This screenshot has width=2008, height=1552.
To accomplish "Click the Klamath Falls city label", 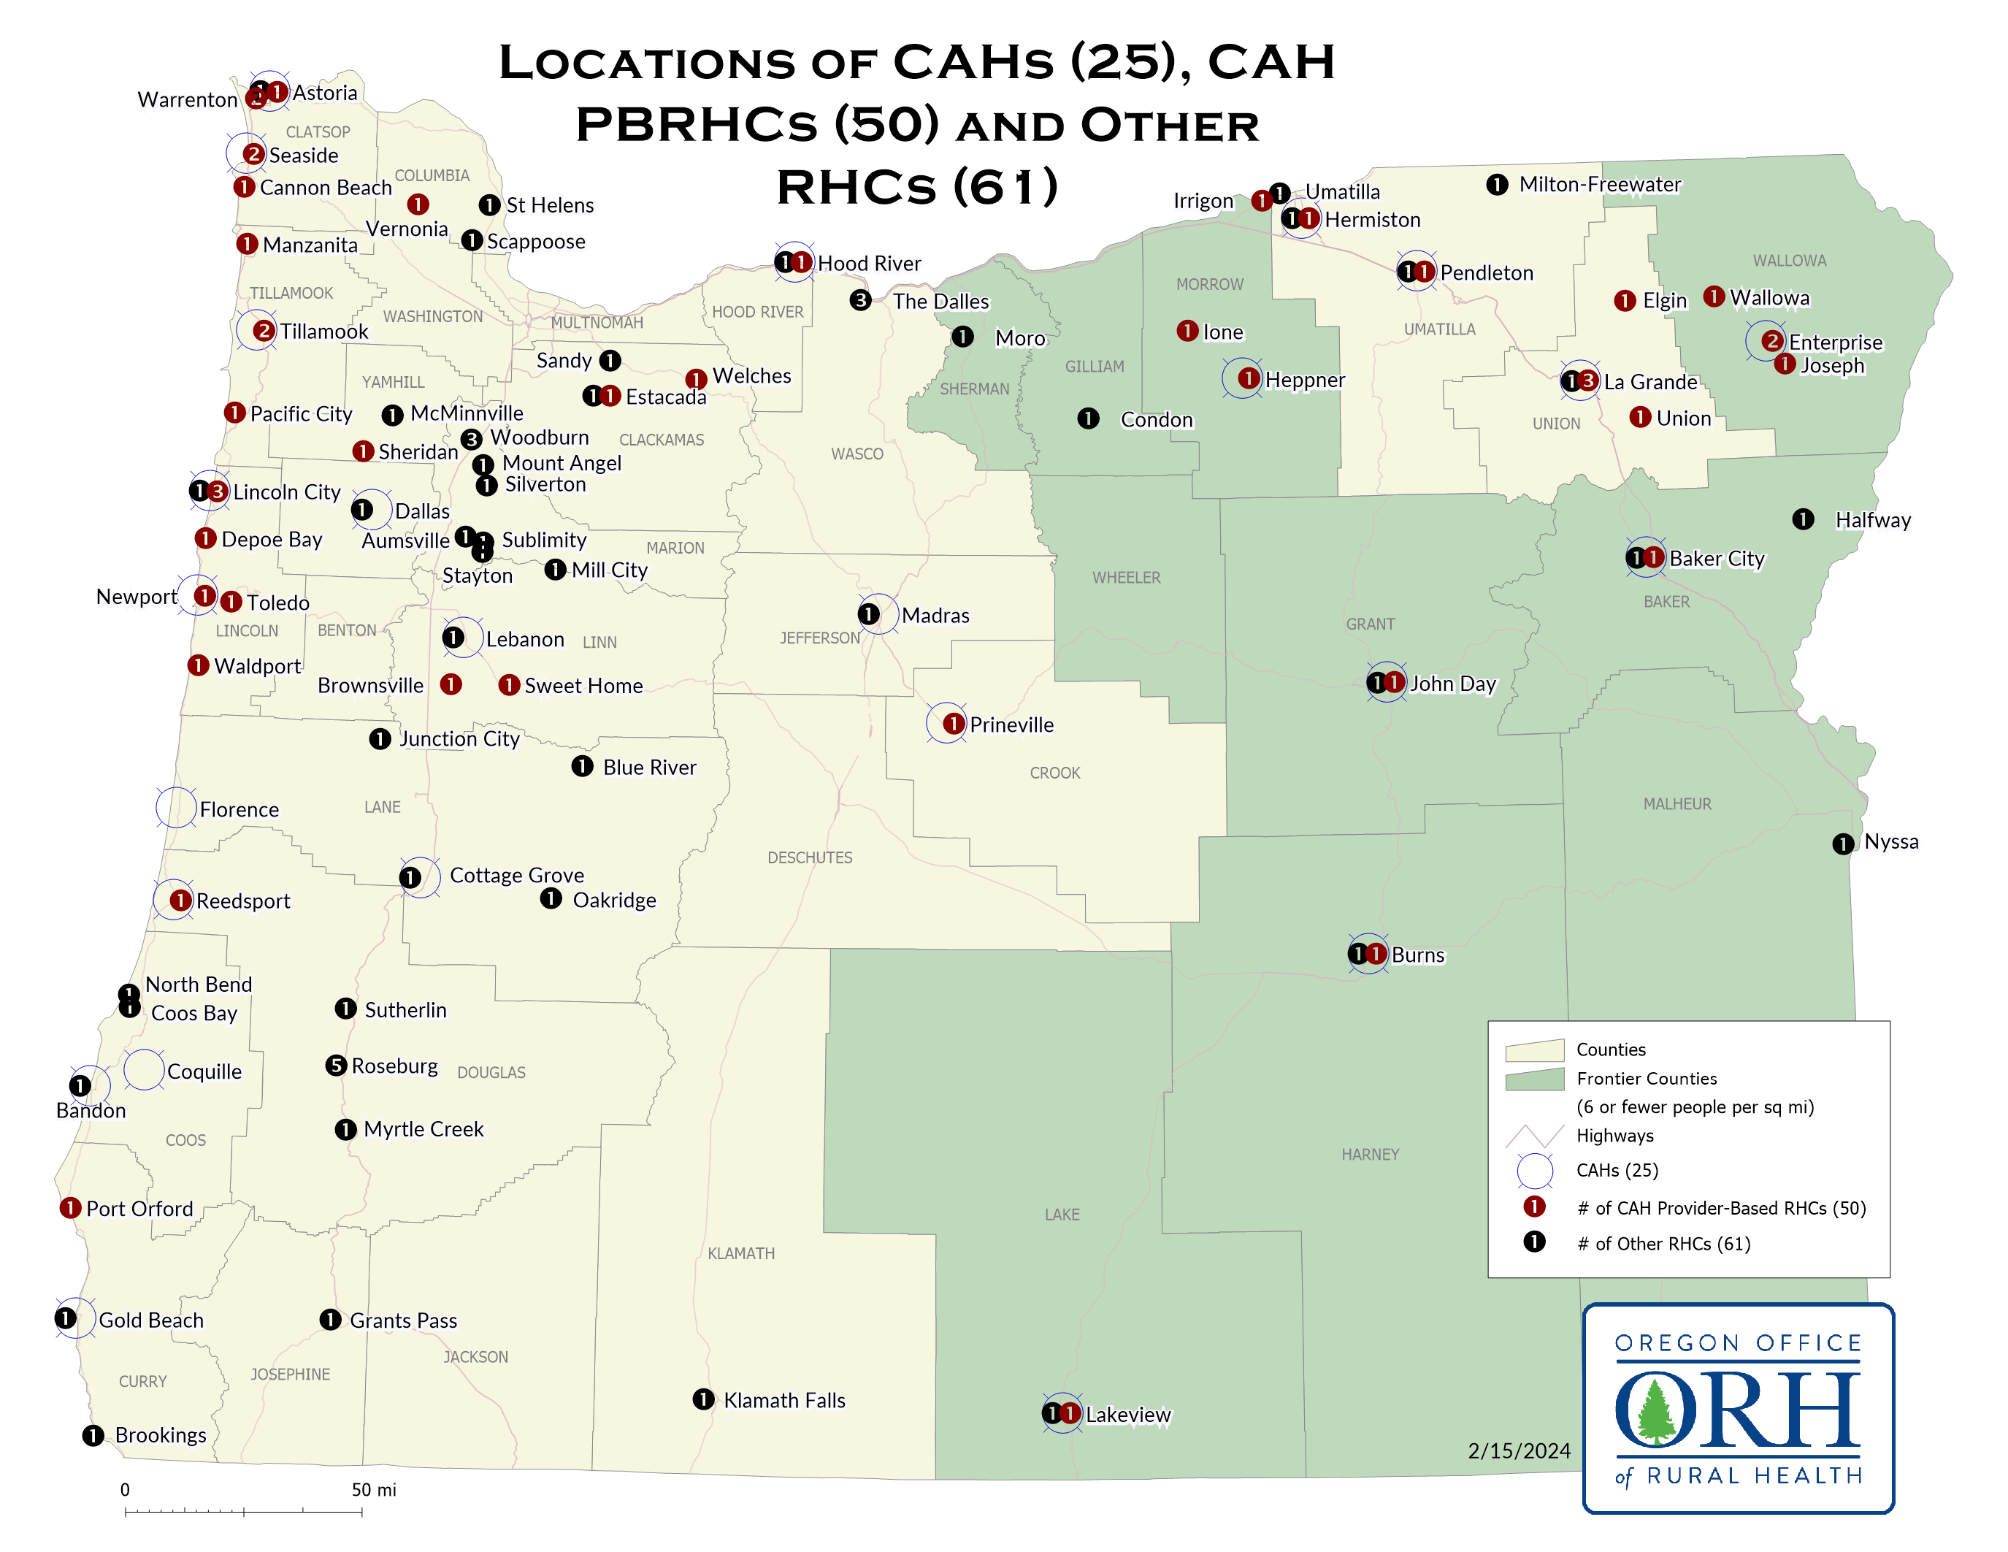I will pos(783,1400).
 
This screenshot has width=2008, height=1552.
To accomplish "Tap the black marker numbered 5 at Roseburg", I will pos(336,1066).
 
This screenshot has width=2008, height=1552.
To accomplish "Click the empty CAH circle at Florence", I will pos(175,807).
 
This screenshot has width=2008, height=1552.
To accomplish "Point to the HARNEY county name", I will pos(1369,1155).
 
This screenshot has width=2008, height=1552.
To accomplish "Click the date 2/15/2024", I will pos(1519,1451).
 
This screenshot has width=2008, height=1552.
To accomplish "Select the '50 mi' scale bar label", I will pos(373,1489).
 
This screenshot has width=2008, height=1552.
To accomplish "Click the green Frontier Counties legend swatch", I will pos(1533,1079).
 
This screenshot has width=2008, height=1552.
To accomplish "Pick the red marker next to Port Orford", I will pos(70,1207).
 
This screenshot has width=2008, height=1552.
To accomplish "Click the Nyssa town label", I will pos(1890,841).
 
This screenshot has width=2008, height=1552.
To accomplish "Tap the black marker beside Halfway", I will pos(1803,519).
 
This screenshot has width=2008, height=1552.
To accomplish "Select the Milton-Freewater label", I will pos(1599,185).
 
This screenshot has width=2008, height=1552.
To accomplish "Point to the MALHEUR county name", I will pos(1677,803).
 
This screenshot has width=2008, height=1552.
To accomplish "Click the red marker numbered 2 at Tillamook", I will pos(264,330).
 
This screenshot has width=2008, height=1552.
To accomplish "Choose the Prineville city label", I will pos(1011,725).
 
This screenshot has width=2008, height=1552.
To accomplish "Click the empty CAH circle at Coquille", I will pos(145,1069).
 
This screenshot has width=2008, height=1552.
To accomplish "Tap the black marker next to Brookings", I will pos(93,1435).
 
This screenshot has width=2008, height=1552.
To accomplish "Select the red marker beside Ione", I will pos(1187,331).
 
